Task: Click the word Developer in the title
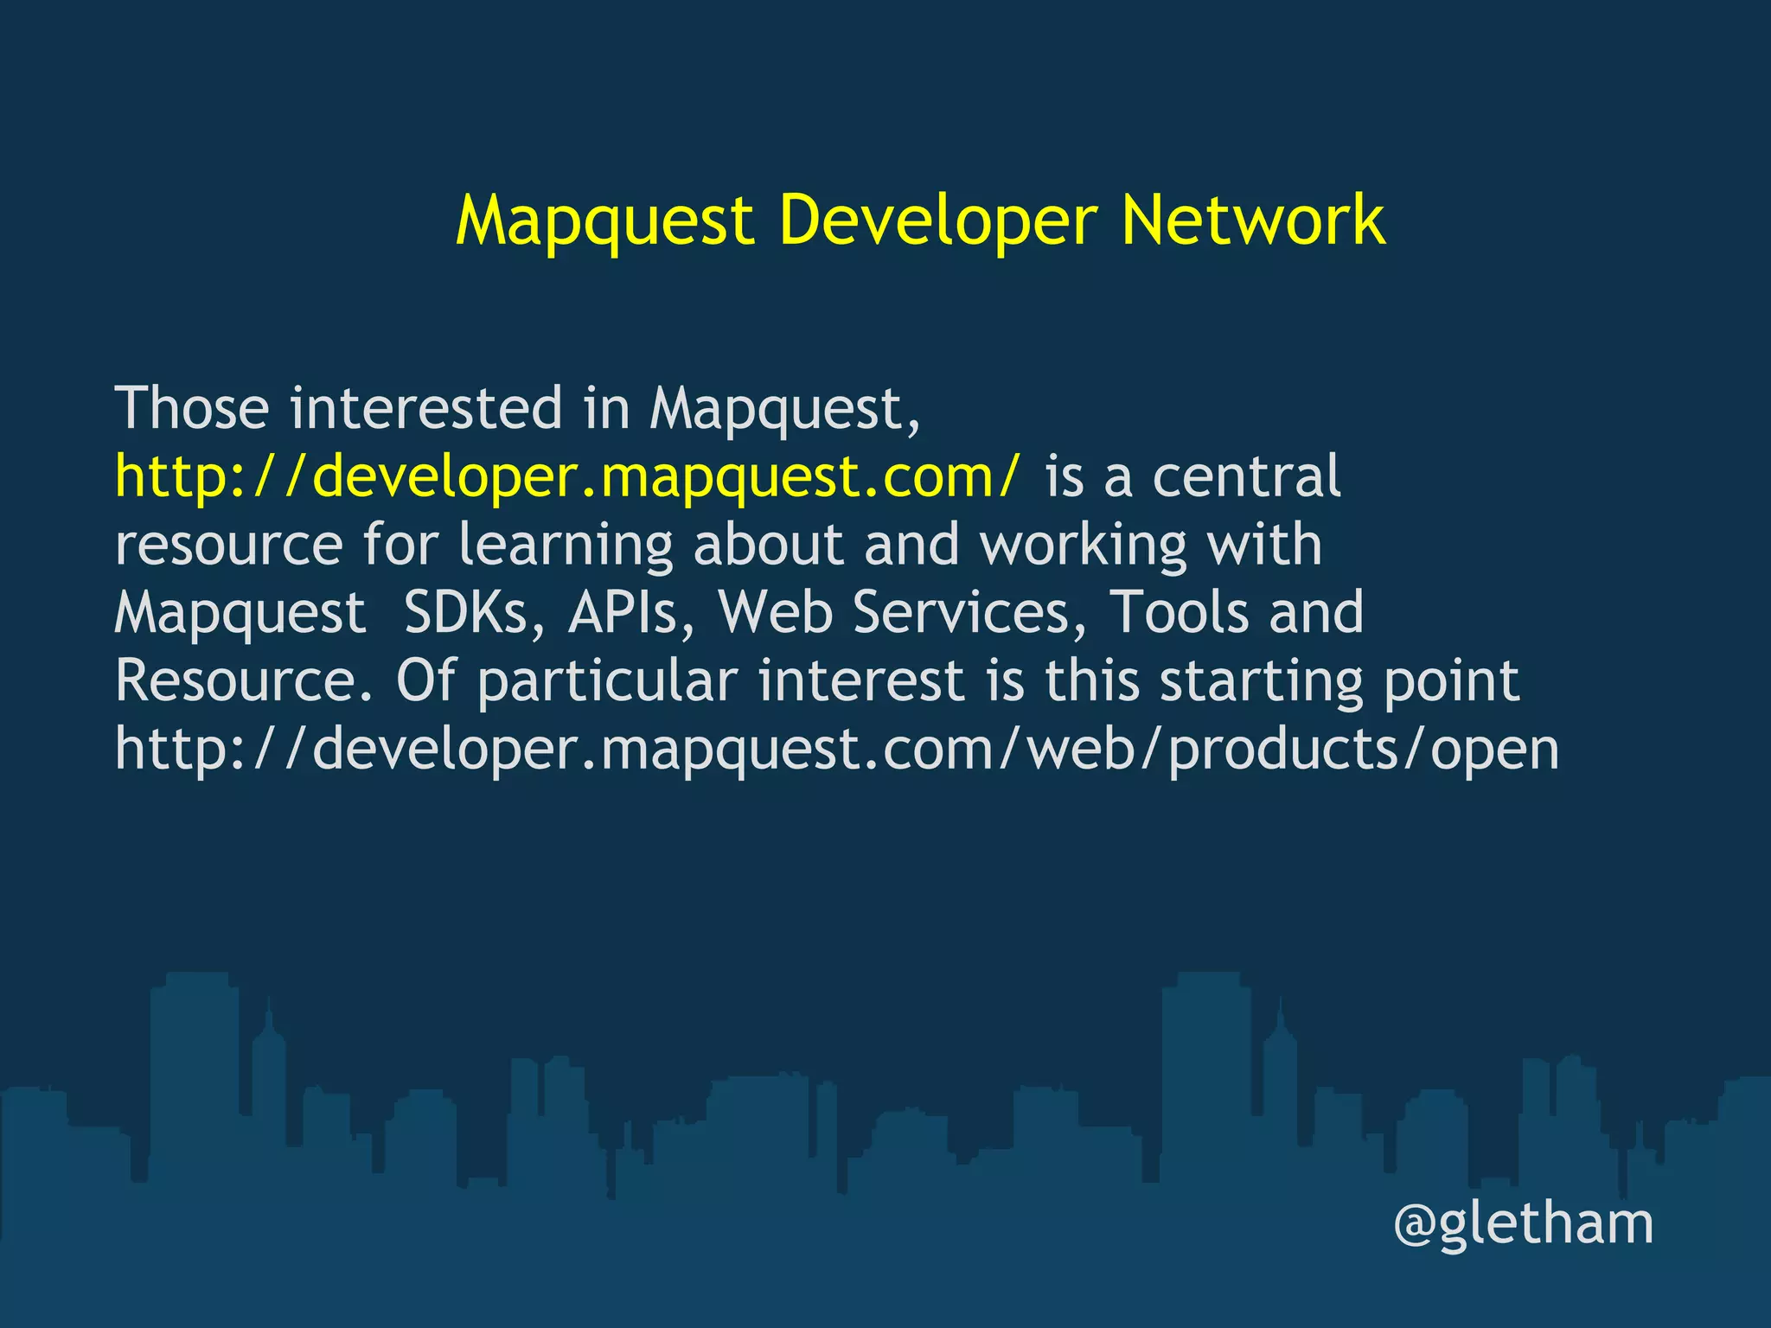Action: [x=938, y=221]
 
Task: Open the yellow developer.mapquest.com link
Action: [x=567, y=476]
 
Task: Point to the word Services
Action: [x=969, y=612]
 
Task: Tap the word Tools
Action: [x=1178, y=612]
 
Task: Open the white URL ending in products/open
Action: [x=836, y=750]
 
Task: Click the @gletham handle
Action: [x=1523, y=1224]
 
